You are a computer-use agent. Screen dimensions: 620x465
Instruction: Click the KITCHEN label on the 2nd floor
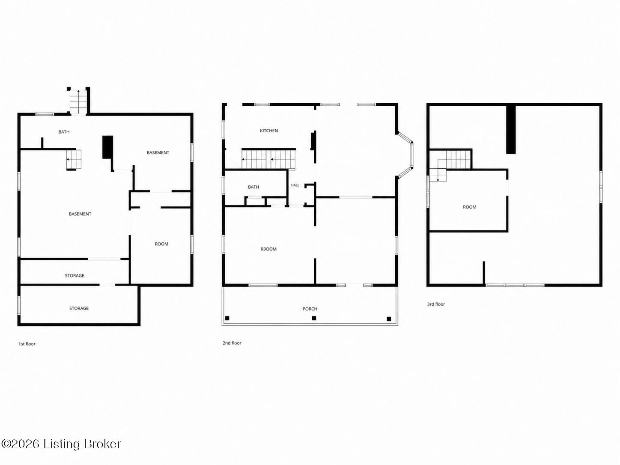click(x=268, y=131)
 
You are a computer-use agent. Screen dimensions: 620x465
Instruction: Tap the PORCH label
click(x=310, y=309)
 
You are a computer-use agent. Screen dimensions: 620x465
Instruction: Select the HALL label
click(x=295, y=185)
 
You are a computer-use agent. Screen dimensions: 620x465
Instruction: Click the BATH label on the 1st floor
click(x=64, y=132)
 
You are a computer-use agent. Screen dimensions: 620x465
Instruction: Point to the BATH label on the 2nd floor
click(x=253, y=187)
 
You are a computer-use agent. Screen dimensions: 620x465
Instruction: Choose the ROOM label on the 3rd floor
click(x=469, y=207)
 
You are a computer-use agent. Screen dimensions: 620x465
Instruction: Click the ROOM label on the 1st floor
click(x=161, y=244)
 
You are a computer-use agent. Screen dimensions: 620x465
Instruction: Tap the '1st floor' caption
click(x=27, y=344)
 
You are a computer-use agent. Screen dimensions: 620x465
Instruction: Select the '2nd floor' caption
click(x=232, y=343)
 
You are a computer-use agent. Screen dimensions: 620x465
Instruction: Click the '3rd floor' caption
click(x=436, y=304)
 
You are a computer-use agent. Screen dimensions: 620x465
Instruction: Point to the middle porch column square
click(x=313, y=318)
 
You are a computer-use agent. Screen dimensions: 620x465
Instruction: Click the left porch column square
click(x=227, y=318)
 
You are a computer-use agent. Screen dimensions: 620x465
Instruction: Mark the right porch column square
click(x=389, y=319)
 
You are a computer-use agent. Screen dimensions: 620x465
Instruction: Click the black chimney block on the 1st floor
click(x=107, y=147)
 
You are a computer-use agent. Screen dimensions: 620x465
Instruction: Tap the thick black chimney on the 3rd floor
click(x=511, y=129)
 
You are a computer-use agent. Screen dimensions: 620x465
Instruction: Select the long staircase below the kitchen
click(x=268, y=159)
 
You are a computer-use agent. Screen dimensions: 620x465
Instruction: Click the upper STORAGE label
click(x=75, y=276)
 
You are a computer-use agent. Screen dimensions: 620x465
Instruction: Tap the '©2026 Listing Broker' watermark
click(x=61, y=444)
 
